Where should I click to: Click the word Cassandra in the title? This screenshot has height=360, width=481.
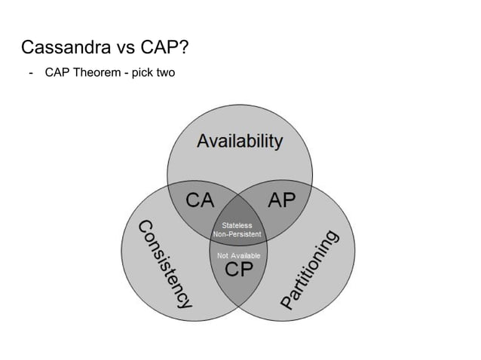tap(66, 49)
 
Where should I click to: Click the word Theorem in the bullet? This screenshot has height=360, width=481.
tap(96, 74)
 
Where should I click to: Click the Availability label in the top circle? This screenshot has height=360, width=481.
tap(240, 141)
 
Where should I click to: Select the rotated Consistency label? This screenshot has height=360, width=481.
tap(164, 264)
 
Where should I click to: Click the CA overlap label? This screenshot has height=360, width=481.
tap(201, 200)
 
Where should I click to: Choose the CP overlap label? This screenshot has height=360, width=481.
tap(240, 270)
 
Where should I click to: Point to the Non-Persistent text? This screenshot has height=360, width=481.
tap(237, 234)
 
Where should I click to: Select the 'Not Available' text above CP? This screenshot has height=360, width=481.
tap(239, 256)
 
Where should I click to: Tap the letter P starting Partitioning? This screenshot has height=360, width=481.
tap(288, 302)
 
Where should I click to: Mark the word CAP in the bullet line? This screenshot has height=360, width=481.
tap(57, 74)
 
